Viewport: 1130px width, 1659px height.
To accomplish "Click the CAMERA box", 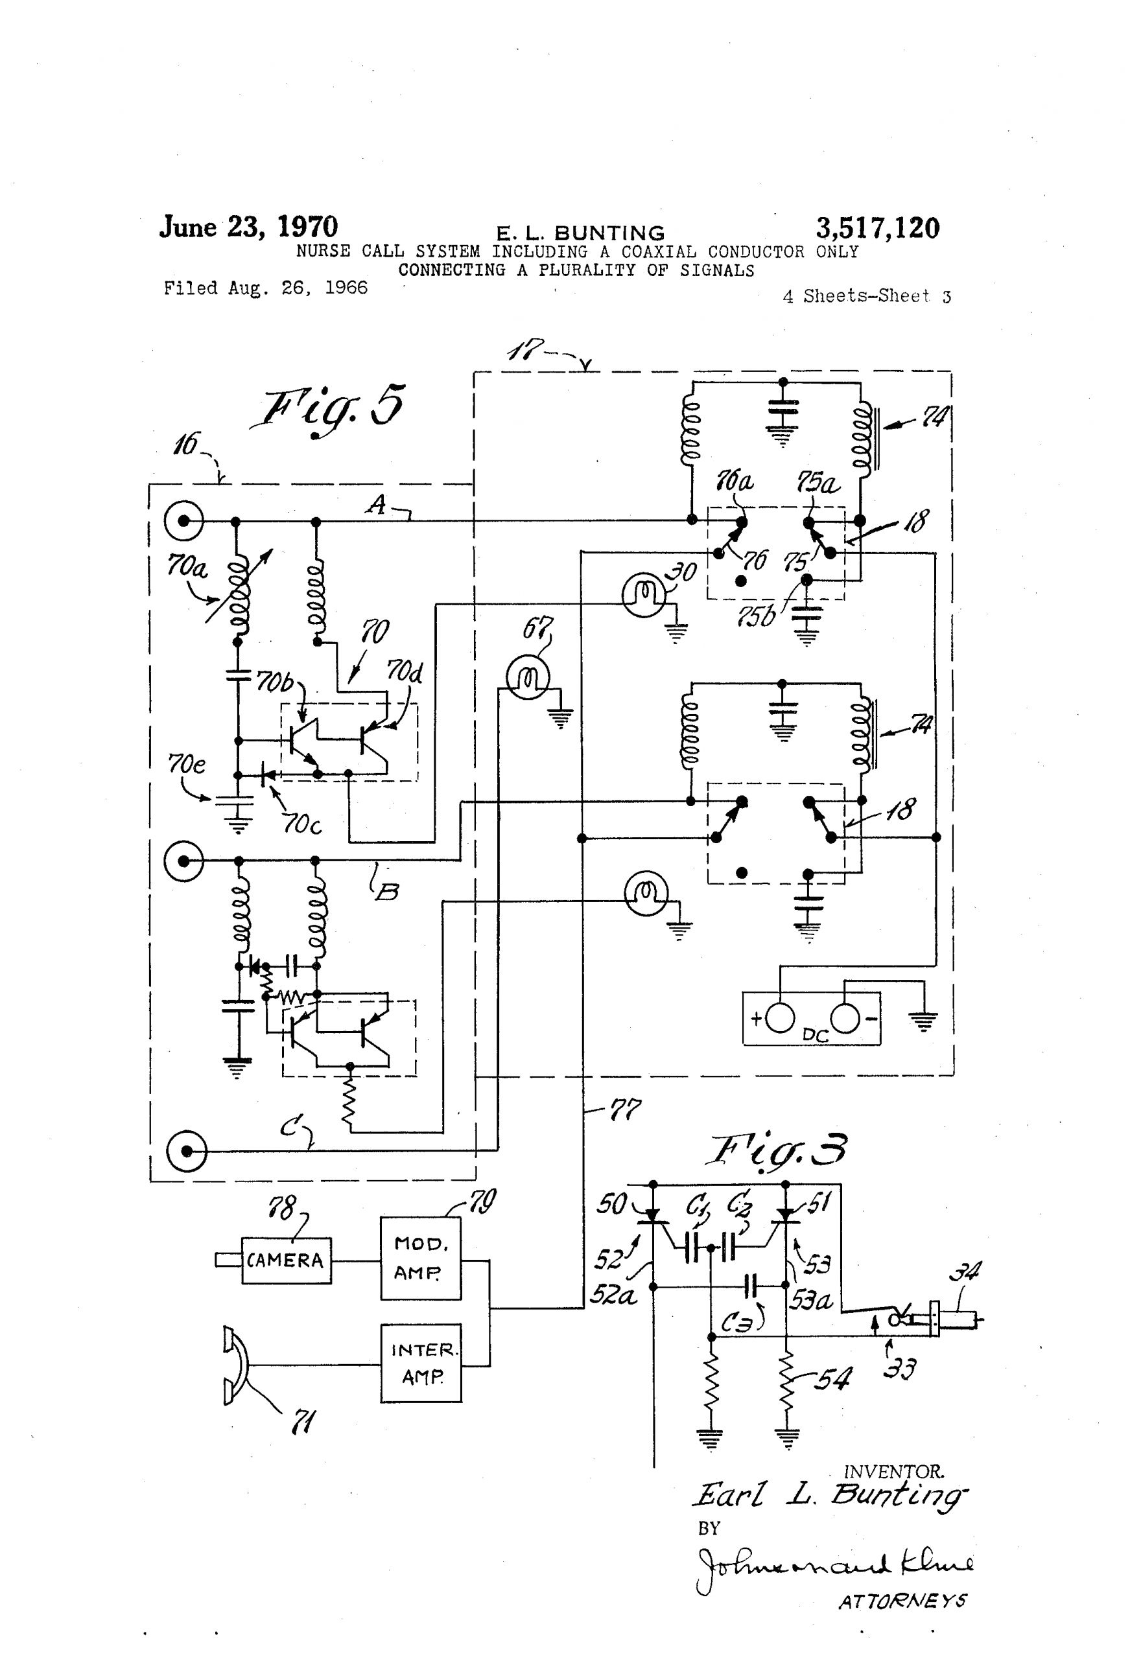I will click(x=286, y=1260).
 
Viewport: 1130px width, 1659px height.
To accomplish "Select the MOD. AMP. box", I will click(x=420, y=1258).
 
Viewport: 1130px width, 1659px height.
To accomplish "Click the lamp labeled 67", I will click(x=527, y=677).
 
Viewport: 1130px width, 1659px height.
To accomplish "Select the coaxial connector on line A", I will click(x=184, y=522).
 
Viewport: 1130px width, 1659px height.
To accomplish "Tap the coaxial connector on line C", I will click(x=187, y=1151).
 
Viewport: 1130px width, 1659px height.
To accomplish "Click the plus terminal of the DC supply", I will click(x=780, y=1019).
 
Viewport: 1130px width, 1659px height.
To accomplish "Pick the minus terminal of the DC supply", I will click(x=845, y=1019).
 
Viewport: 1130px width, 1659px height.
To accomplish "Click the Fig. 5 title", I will click(x=331, y=409).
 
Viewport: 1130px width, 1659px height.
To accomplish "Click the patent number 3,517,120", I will click(x=877, y=228).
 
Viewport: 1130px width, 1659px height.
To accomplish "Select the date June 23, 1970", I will click(x=248, y=227).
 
